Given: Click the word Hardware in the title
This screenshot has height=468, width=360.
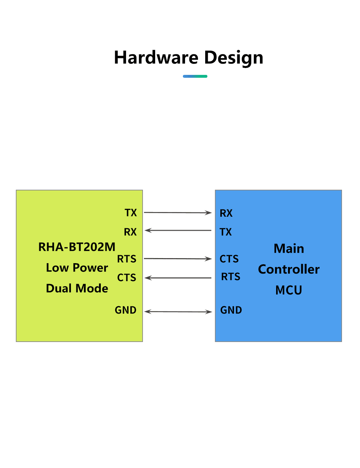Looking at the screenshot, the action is [x=156, y=57].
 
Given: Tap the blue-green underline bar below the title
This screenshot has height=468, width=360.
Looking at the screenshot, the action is [x=195, y=76].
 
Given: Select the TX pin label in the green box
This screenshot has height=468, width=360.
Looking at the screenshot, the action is [x=130, y=212].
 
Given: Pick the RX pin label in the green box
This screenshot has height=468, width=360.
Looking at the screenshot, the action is [x=130, y=232].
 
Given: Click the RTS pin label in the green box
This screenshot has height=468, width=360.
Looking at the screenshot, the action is [x=126, y=258].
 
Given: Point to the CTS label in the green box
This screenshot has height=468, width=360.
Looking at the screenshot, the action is [x=126, y=278].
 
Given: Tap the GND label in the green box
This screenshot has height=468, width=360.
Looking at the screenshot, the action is [x=125, y=310].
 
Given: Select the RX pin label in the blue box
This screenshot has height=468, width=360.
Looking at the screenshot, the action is [x=226, y=213].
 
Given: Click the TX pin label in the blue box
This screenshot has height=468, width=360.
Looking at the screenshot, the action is [x=225, y=232].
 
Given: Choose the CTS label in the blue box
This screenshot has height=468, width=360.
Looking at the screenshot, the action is [x=229, y=258].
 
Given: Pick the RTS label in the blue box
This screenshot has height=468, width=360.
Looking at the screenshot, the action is [x=230, y=276].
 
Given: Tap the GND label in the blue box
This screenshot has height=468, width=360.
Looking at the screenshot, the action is [x=231, y=310].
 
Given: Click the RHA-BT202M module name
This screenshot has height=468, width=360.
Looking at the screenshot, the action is [x=77, y=247].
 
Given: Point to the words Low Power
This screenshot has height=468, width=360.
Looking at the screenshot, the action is [x=77, y=268].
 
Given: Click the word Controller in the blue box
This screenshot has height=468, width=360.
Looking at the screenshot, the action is [x=288, y=269].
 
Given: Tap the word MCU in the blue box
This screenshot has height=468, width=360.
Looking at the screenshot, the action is [x=288, y=290].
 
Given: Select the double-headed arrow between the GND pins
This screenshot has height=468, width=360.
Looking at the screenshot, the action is [x=178, y=311].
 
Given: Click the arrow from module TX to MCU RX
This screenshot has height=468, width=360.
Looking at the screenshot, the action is [x=178, y=212].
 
